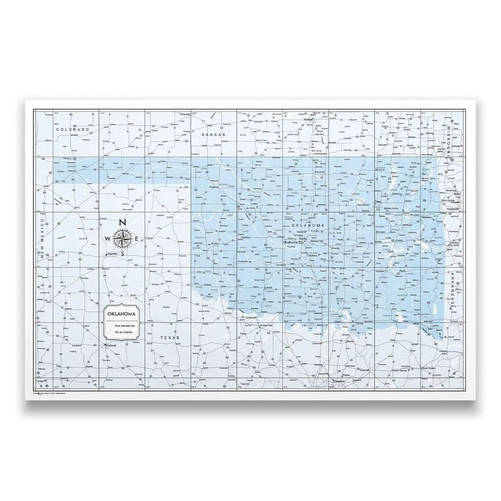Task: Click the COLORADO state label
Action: (73, 130)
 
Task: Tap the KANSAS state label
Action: (213, 135)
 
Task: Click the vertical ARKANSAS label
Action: (452, 292)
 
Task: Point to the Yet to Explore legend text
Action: (122, 330)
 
